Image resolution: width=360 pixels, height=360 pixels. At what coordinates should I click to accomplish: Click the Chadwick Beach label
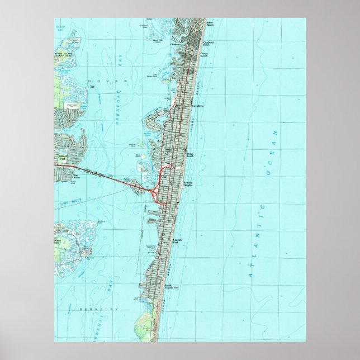[208, 44]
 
